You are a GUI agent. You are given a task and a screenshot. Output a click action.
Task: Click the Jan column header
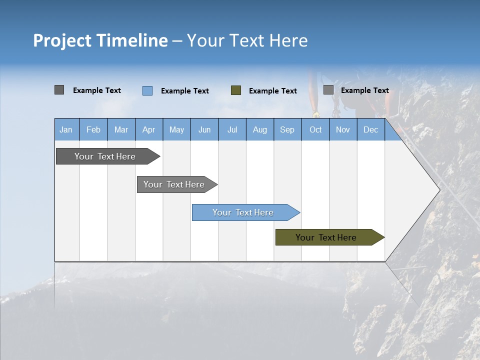66,129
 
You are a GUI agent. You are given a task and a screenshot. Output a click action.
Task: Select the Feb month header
93,129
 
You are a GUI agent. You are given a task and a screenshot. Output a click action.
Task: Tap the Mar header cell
121,129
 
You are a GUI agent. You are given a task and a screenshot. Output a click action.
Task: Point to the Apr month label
149,129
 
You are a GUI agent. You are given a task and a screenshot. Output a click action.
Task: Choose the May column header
176,129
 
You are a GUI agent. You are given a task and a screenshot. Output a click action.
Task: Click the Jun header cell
204,129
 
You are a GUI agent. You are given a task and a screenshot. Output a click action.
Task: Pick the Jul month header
232,129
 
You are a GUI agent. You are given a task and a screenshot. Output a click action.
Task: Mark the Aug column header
260,129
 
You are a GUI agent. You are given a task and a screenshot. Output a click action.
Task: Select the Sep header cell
287,129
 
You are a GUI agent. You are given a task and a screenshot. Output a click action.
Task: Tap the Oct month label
315,129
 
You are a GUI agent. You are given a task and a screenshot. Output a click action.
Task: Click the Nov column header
343,129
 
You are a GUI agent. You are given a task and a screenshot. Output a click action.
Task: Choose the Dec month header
371,129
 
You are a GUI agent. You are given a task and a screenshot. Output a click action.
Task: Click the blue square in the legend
147,90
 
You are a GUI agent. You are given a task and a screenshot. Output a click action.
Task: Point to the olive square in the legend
236,90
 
